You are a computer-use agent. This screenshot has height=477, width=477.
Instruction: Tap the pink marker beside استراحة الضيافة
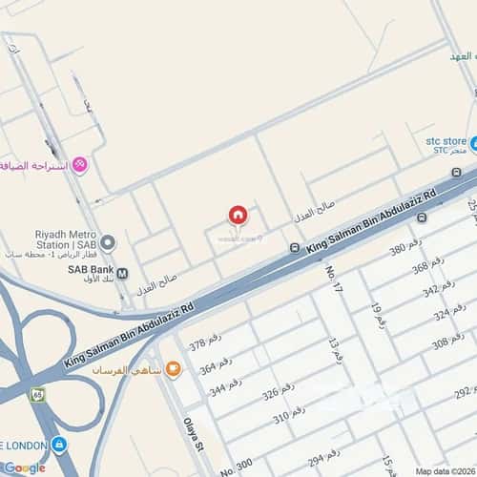point(80,165)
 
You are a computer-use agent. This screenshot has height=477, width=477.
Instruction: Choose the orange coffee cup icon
point(173,369)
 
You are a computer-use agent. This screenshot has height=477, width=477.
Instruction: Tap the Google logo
point(24,467)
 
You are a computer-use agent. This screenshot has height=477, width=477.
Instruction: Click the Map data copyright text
point(445,470)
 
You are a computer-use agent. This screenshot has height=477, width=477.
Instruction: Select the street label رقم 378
point(209,344)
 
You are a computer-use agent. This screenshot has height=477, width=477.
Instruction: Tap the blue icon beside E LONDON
point(59,445)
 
